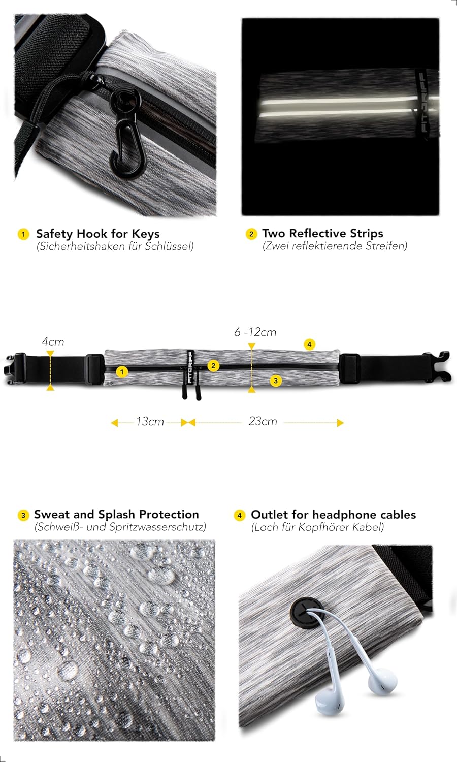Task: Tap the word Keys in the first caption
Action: click(146, 234)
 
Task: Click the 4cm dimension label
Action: click(53, 342)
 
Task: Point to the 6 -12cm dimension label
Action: click(255, 332)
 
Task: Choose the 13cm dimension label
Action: click(150, 422)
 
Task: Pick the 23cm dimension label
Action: click(263, 422)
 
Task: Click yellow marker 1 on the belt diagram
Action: click(122, 372)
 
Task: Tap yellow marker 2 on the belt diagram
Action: click(214, 365)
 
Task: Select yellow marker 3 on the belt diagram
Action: click(276, 380)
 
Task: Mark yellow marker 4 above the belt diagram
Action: click(309, 344)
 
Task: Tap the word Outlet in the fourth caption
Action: click(270, 515)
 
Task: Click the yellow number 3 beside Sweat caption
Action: click(23, 515)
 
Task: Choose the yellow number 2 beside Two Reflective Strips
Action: click(251, 234)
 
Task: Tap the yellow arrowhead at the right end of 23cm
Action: click(340, 422)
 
